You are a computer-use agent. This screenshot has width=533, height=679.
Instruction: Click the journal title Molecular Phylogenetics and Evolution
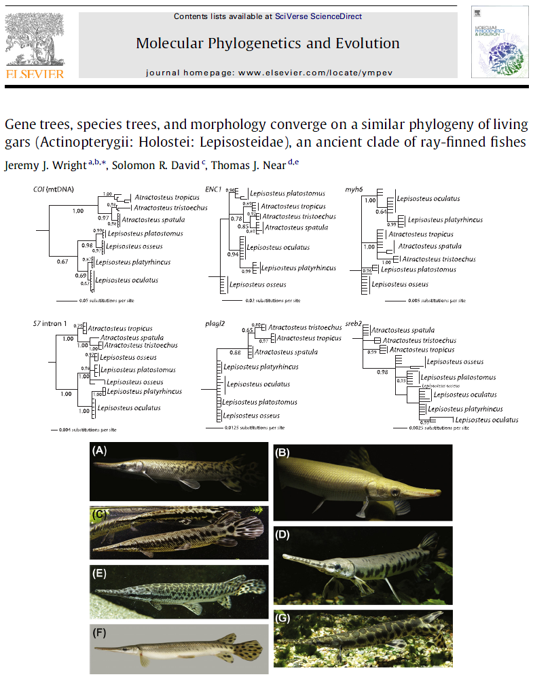coord(268,43)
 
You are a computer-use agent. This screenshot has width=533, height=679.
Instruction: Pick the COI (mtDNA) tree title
coord(54,187)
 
